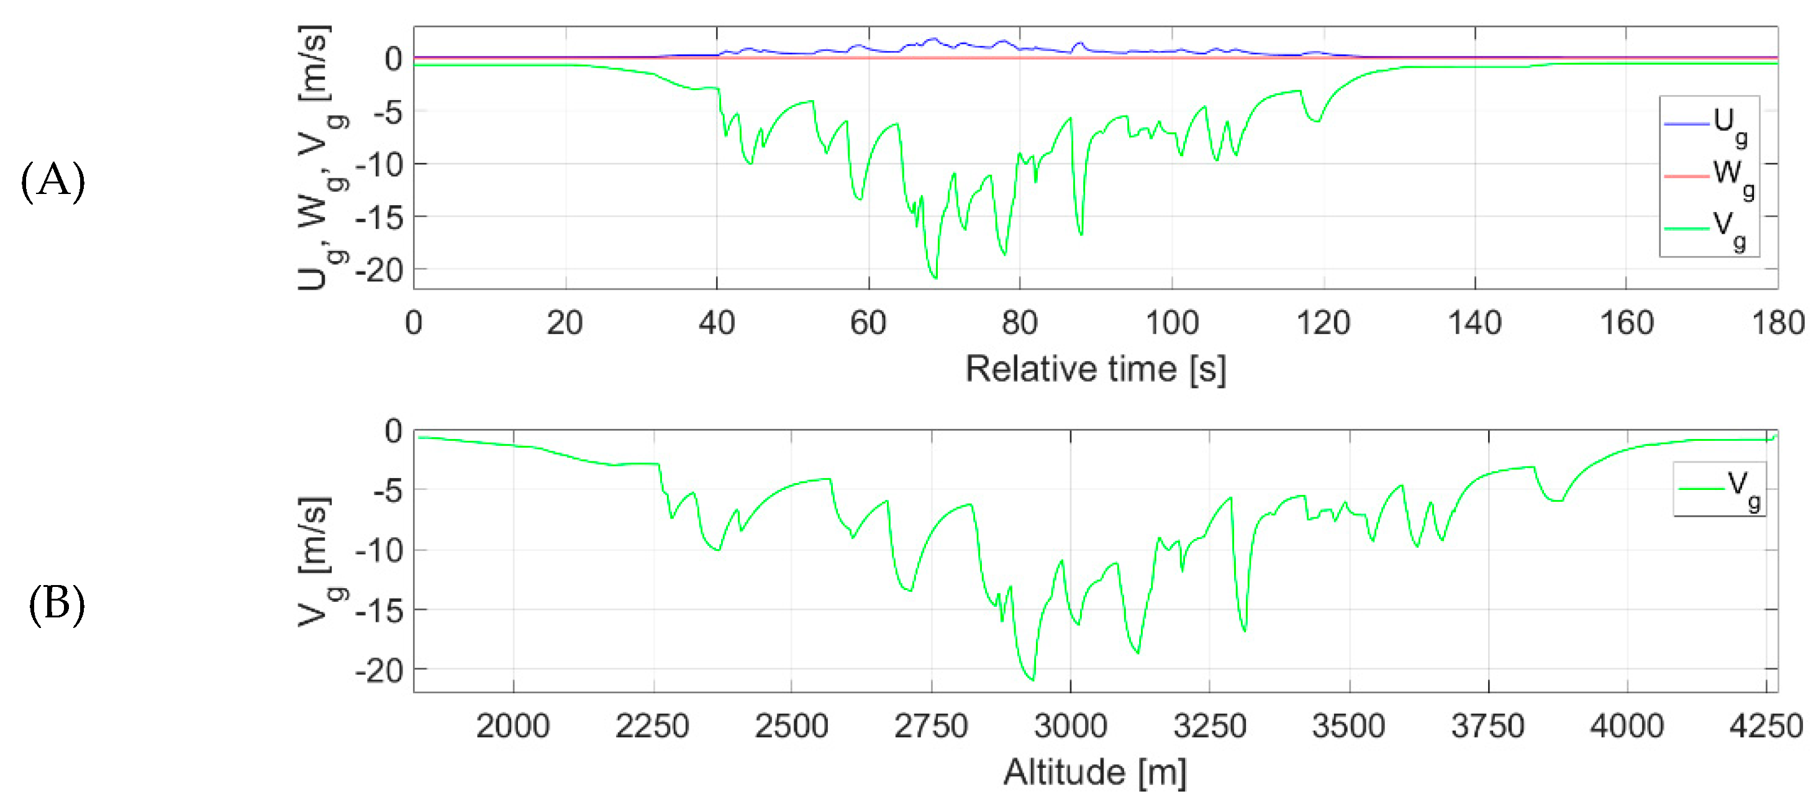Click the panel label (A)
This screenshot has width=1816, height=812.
click(x=53, y=182)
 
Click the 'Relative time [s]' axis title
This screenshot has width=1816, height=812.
click(x=1095, y=369)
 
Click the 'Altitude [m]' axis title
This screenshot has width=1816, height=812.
click(x=1095, y=772)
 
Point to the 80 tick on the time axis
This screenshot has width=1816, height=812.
click(x=1019, y=323)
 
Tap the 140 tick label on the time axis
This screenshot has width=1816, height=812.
click(x=1474, y=323)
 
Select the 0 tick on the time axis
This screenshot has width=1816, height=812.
click(x=414, y=323)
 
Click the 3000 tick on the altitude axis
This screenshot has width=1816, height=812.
click(x=1070, y=726)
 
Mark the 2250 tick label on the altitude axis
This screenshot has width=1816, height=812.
click(x=652, y=726)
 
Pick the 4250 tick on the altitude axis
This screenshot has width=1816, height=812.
click(x=1766, y=726)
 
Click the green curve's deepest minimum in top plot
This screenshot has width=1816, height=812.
click(x=935, y=278)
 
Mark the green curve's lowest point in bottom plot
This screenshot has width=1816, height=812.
click(x=1033, y=680)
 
